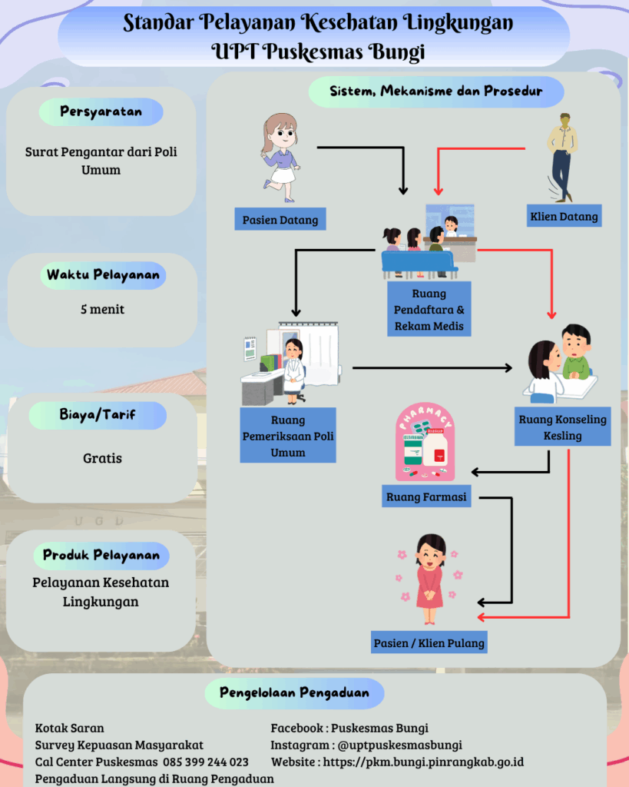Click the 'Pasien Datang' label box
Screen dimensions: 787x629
click(280, 220)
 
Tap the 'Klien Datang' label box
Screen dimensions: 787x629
click(564, 217)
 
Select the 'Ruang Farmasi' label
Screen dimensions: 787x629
click(426, 497)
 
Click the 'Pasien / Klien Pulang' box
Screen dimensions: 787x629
click(429, 643)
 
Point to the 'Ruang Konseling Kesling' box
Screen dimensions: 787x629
click(562, 427)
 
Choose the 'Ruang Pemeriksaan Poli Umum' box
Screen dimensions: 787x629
click(288, 437)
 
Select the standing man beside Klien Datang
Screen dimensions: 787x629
click(562, 157)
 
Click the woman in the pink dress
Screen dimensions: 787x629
click(430, 577)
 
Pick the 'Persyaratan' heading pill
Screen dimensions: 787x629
click(101, 111)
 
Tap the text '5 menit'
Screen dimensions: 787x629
click(103, 310)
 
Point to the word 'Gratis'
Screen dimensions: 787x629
click(102, 458)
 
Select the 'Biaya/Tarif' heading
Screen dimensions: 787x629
click(98, 415)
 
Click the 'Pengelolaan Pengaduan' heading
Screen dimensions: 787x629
click(294, 692)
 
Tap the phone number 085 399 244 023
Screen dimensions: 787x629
click(205, 762)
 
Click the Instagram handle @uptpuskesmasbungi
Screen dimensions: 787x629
click(399, 745)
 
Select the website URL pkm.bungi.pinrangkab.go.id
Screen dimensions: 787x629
click(423, 762)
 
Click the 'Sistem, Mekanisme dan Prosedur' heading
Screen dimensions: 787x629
click(436, 91)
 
